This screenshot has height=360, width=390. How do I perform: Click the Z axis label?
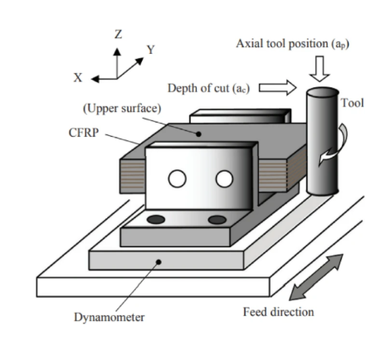coord(118,34)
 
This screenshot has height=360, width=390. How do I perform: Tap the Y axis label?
coord(151,50)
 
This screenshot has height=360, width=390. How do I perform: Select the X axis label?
coord(78,78)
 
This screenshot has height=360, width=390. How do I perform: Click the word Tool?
coord(353,103)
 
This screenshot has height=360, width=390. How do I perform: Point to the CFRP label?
coord(84,133)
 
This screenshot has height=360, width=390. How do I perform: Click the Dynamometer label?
coord(110,317)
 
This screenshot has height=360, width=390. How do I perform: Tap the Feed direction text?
coord(279,312)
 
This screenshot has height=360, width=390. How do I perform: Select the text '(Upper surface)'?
coord(122,109)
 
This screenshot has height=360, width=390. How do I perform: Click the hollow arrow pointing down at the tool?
coord(319,69)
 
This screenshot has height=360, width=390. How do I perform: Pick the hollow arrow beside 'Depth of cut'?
coord(277,88)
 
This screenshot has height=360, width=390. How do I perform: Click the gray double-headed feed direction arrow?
coord(316,277)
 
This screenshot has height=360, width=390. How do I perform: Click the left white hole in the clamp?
coord(177,178)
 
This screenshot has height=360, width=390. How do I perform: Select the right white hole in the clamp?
coord(224,178)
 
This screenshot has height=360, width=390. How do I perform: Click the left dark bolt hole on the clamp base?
coord(156,220)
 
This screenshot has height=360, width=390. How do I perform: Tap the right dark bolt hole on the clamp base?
coord(217,220)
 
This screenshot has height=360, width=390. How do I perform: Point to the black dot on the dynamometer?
coord(158,262)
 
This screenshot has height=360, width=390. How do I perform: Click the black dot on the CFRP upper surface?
coord(198,134)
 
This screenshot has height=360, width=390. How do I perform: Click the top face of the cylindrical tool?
coord(323,93)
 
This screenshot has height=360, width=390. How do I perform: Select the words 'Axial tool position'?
coord(282,44)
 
